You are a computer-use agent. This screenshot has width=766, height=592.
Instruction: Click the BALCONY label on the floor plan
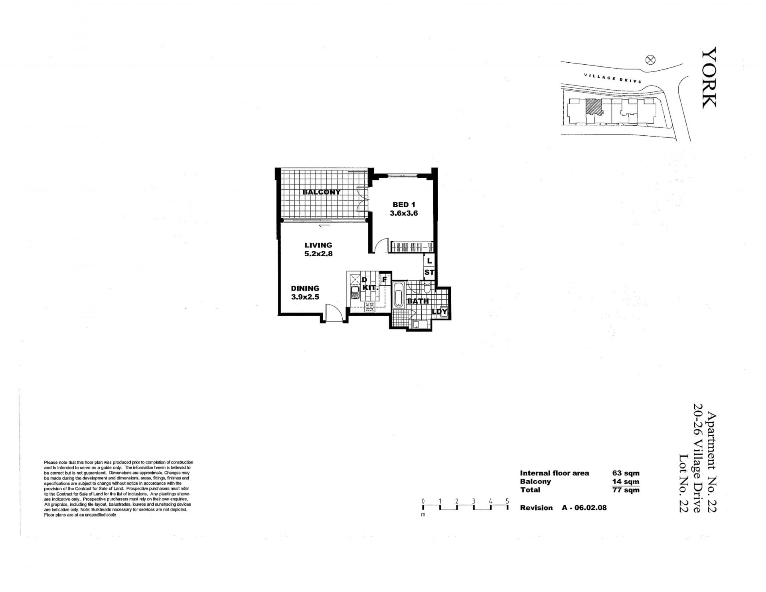pos(322,192)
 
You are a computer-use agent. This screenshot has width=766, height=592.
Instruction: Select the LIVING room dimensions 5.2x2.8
pos(318,253)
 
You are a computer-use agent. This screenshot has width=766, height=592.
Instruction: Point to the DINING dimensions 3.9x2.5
pos(305,297)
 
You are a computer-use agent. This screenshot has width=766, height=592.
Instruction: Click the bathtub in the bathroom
pos(399,296)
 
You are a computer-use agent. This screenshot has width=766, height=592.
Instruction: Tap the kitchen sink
pos(355,293)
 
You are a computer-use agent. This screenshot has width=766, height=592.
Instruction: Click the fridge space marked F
pos(385,280)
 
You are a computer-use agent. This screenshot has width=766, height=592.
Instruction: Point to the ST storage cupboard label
pos(429,273)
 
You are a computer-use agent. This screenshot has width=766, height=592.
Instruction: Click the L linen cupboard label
pos(429,261)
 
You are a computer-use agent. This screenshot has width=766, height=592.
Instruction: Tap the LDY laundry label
pos(440,312)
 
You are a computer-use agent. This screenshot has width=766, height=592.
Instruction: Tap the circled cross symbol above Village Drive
pos(650,60)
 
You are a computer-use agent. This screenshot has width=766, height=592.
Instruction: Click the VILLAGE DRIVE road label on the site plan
pos(613,78)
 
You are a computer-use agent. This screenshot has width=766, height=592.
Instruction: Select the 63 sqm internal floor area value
pos(626,473)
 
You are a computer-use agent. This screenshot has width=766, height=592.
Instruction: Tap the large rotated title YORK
pos(709,77)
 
